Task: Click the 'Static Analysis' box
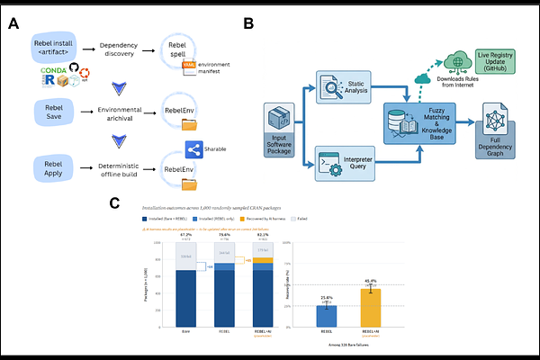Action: (x=337, y=87)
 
